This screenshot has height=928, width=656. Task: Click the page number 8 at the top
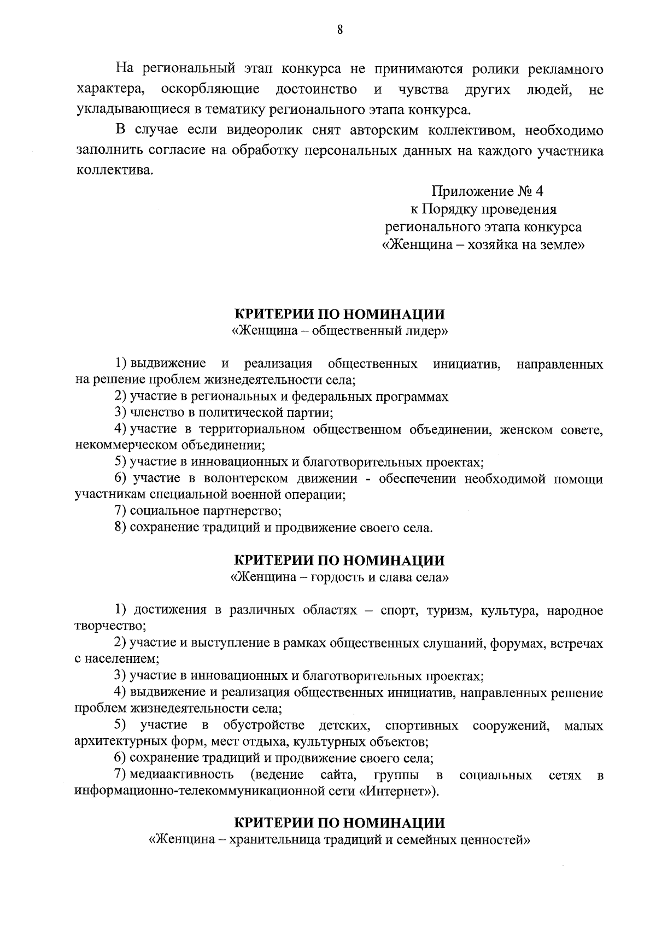[x=339, y=30]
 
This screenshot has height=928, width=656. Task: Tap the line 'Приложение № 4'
[x=488, y=191]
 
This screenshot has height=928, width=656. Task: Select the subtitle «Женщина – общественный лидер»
[x=339, y=331]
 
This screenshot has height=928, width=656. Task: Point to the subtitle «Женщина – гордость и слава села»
[x=339, y=577]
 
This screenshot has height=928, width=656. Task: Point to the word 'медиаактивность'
[x=182, y=775]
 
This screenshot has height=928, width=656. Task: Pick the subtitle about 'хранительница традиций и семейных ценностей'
[x=339, y=839]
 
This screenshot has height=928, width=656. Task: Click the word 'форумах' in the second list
[x=513, y=644]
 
